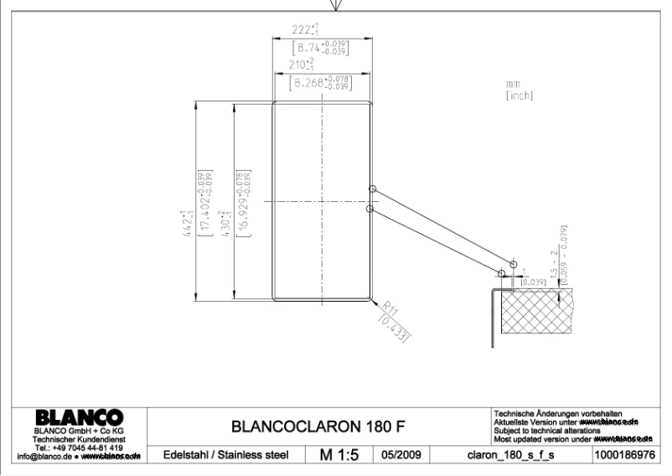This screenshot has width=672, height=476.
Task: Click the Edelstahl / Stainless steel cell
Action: pyautogui.click(x=220, y=455)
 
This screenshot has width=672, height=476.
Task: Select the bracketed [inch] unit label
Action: pyautogui.click(x=520, y=96)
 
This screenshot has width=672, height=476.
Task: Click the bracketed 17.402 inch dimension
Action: pyautogui.click(x=202, y=204)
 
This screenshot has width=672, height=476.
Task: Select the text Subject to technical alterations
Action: pyautogui.click(x=548, y=431)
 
